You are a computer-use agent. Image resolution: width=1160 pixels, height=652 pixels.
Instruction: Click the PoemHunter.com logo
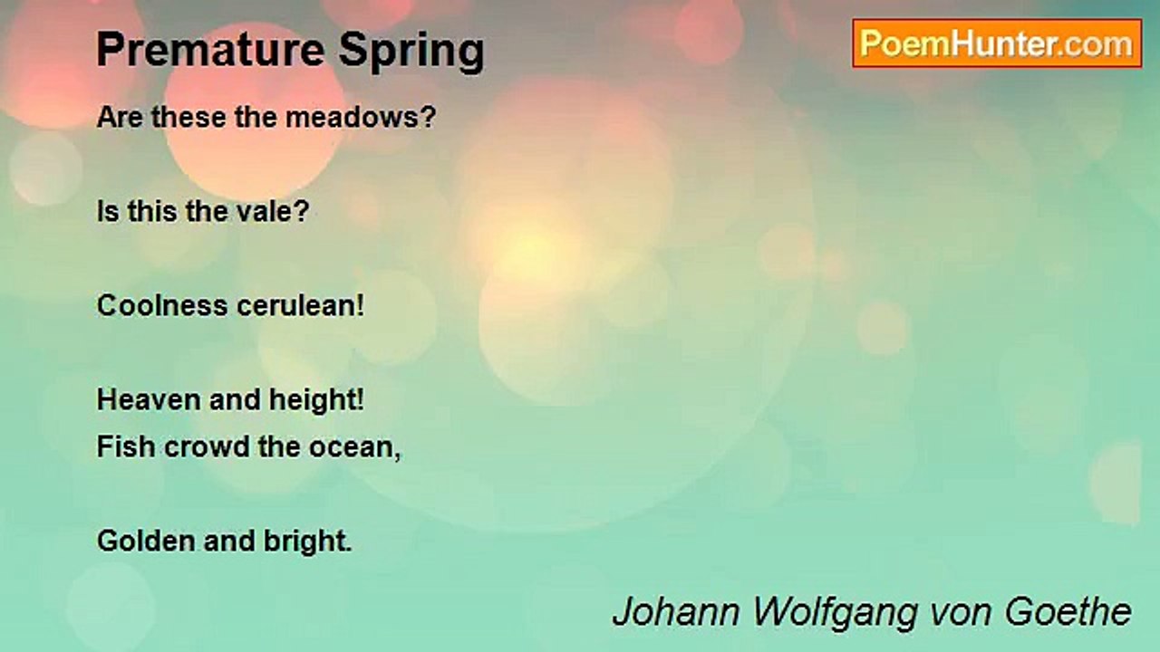point(997,43)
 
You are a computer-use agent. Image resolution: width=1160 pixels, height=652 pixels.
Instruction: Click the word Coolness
point(163,305)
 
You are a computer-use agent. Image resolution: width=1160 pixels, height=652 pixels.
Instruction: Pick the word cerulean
point(300,305)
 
